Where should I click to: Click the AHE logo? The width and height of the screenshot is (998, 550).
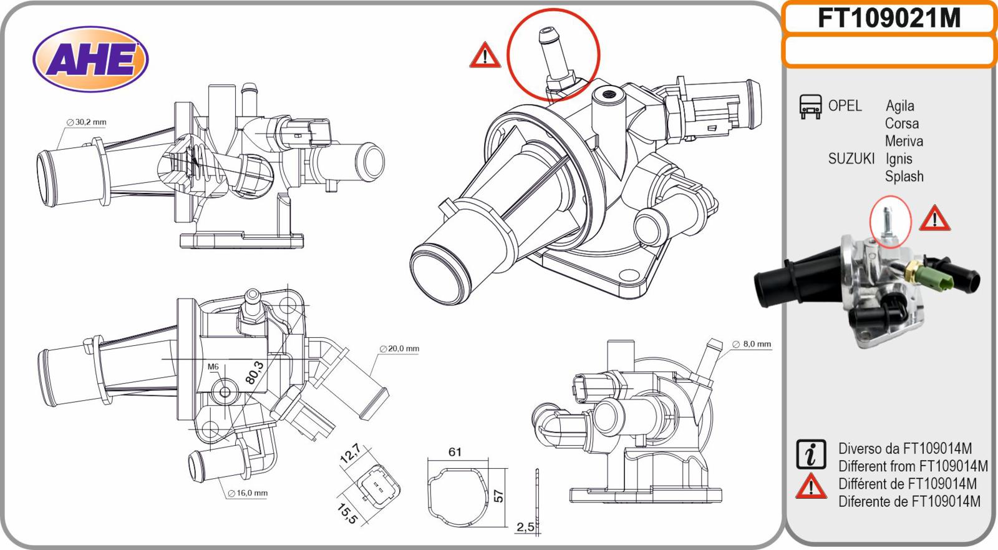click(x=90, y=59)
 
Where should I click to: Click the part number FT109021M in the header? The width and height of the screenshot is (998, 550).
click(x=889, y=19)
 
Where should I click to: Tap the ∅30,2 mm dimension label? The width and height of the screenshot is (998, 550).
click(x=87, y=122)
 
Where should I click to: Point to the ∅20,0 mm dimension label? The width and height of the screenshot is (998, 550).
click(x=400, y=348)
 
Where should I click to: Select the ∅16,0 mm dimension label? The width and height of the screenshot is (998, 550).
click(x=248, y=493)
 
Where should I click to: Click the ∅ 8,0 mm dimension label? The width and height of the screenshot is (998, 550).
click(x=752, y=344)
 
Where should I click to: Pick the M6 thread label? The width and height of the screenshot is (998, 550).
click(x=213, y=366)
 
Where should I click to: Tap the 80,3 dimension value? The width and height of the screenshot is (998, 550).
click(x=254, y=373)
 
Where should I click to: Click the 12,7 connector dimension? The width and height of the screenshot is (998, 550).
click(x=350, y=454)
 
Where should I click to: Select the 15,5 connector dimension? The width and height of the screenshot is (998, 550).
click(x=347, y=513)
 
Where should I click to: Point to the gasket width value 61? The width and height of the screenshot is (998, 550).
click(x=455, y=452)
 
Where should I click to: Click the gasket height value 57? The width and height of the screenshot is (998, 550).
click(x=498, y=495)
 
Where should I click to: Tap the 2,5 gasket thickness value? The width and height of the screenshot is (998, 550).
click(x=525, y=527)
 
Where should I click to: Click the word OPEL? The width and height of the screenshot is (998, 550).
click(x=845, y=106)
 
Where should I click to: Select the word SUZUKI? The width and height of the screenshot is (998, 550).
click(x=851, y=159)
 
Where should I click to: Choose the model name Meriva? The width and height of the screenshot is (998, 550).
click(x=904, y=141)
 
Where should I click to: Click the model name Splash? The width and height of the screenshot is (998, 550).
click(x=904, y=177)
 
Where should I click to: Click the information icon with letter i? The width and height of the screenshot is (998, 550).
click(x=811, y=454)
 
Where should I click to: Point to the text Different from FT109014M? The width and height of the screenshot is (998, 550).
click(x=913, y=466)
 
